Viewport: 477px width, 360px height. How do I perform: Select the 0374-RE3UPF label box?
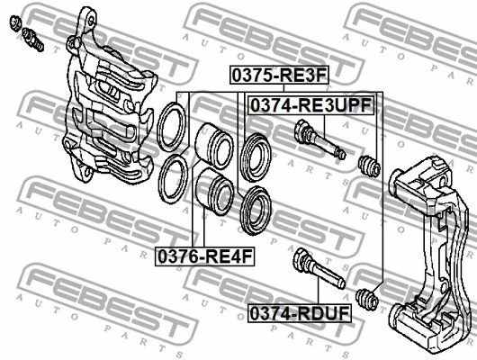point(310,105)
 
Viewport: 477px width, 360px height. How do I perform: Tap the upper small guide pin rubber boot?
point(369,166)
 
